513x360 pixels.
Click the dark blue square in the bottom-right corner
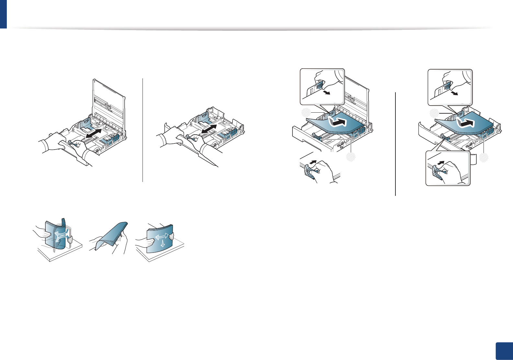(x=504, y=351)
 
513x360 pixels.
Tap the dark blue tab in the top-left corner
(x=3, y=14)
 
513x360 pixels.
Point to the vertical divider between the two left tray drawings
(x=143, y=129)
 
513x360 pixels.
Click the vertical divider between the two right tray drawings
(x=395, y=144)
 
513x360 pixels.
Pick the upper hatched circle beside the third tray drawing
(x=305, y=112)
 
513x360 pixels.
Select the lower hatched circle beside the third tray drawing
(x=351, y=157)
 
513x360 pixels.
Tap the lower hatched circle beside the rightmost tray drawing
(x=484, y=158)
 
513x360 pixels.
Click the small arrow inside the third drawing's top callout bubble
(x=328, y=93)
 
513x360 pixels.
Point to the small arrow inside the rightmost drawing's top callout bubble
(x=455, y=94)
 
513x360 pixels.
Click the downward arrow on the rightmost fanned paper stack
(x=163, y=243)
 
